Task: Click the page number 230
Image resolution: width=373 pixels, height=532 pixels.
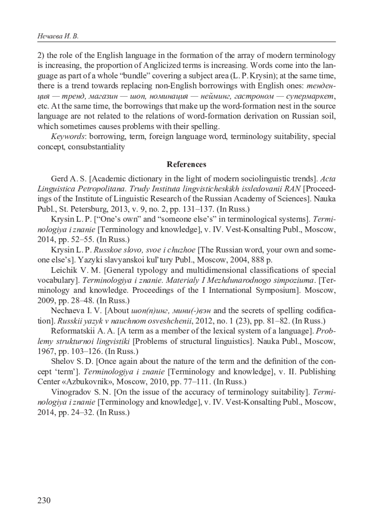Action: click(x=44, y=500)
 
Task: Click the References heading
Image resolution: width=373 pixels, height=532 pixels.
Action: click(x=186, y=164)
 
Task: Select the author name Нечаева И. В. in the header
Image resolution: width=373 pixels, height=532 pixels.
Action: click(x=58, y=37)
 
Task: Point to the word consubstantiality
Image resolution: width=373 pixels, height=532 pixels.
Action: click(x=96, y=147)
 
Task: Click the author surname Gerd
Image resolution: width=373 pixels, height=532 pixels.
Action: click(x=59, y=179)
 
